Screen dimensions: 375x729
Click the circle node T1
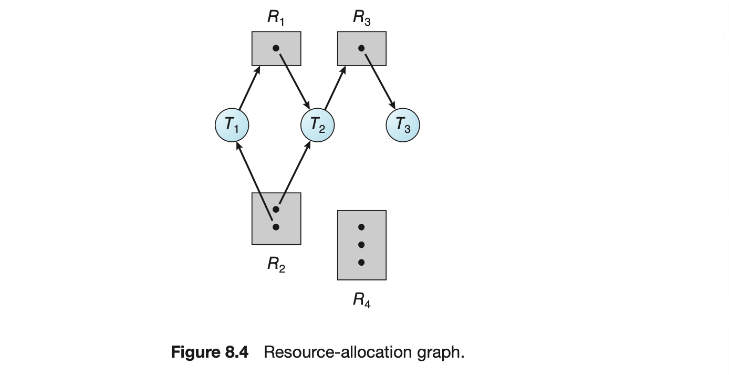click(x=232, y=125)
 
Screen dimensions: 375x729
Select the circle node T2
click(x=317, y=125)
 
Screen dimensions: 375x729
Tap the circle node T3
click(x=403, y=125)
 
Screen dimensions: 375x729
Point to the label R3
click(x=362, y=17)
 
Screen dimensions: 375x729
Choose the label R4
click(x=362, y=300)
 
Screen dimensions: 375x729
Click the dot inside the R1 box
click(x=276, y=48)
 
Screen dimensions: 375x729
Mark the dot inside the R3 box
click(x=361, y=48)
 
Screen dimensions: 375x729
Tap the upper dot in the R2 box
click(x=276, y=209)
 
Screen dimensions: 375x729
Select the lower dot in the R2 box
click(x=276, y=227)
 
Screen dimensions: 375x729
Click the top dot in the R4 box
click(x=361, y=227)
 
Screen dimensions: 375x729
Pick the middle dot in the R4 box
click(x=361, y=245)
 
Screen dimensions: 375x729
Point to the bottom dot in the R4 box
click(x=361, y=262)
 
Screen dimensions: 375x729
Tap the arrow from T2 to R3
click(x=335, y=88)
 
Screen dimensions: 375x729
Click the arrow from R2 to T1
click(x=254, y=181)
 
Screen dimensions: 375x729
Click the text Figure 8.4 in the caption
click(x=210, y=352)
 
